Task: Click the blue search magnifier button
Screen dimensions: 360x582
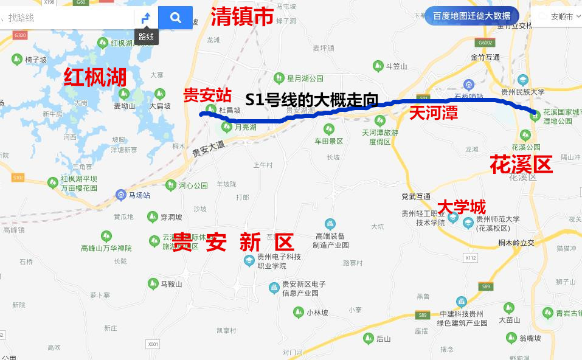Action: point(176,18)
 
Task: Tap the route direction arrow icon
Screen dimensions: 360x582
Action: point(146,18)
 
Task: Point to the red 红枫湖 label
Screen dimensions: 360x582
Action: point(95,77)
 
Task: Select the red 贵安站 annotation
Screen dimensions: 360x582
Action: point(207,95)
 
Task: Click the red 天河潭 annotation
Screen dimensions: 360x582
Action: point(433,112)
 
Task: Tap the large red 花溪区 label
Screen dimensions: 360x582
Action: point(521,164)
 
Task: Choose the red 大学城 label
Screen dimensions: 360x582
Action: point(462,206)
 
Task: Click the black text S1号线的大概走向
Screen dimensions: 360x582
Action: point(311,100)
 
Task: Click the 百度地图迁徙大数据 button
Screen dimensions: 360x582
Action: point(472,16)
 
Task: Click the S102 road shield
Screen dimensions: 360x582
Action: point(18,178)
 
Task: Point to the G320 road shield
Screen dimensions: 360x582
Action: point(20,35)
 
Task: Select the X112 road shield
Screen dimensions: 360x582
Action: point(470,258)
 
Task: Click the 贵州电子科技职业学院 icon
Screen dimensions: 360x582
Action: point(249,261)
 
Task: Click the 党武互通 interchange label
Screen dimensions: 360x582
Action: point(416,196)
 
